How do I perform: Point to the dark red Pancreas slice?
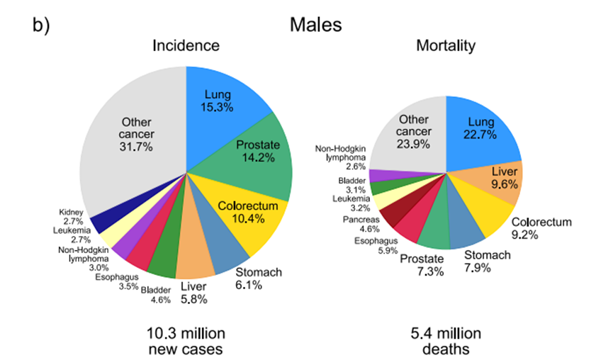(388, 215)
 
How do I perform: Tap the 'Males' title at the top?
(315, 25)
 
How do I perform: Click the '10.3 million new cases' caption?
(186, 340)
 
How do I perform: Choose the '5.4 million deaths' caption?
(445, 340)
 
